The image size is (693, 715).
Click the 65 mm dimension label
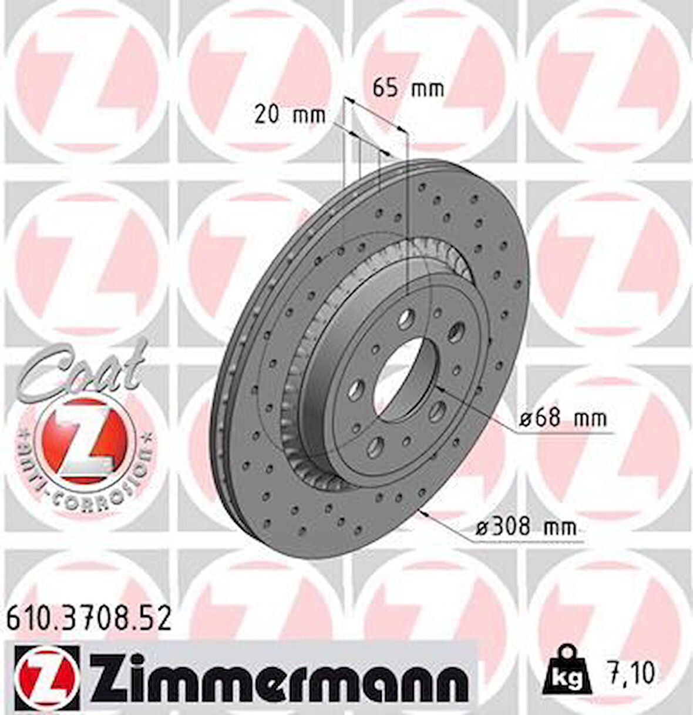pos(409,89)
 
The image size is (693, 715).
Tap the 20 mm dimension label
pos(290,114)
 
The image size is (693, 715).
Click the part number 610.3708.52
pos(89,619)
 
